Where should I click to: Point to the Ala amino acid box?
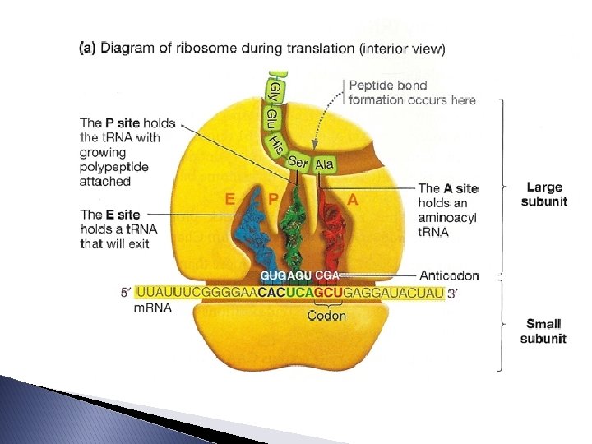click(x=324, y=164)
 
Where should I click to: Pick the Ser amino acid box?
click(x=298, y=163)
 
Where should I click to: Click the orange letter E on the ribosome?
click(x=233, y=198)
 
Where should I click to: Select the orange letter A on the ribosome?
click(x=353, y=198)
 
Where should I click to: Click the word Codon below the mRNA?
click(x=326, y=315)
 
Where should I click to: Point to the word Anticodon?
click(x=449, y=275)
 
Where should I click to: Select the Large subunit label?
click(x=546, y=195)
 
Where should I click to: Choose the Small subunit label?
click(x=546, y=331)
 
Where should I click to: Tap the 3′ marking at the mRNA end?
click(x=453, y=293)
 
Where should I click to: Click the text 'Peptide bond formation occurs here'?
click(x=412, y=92)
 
